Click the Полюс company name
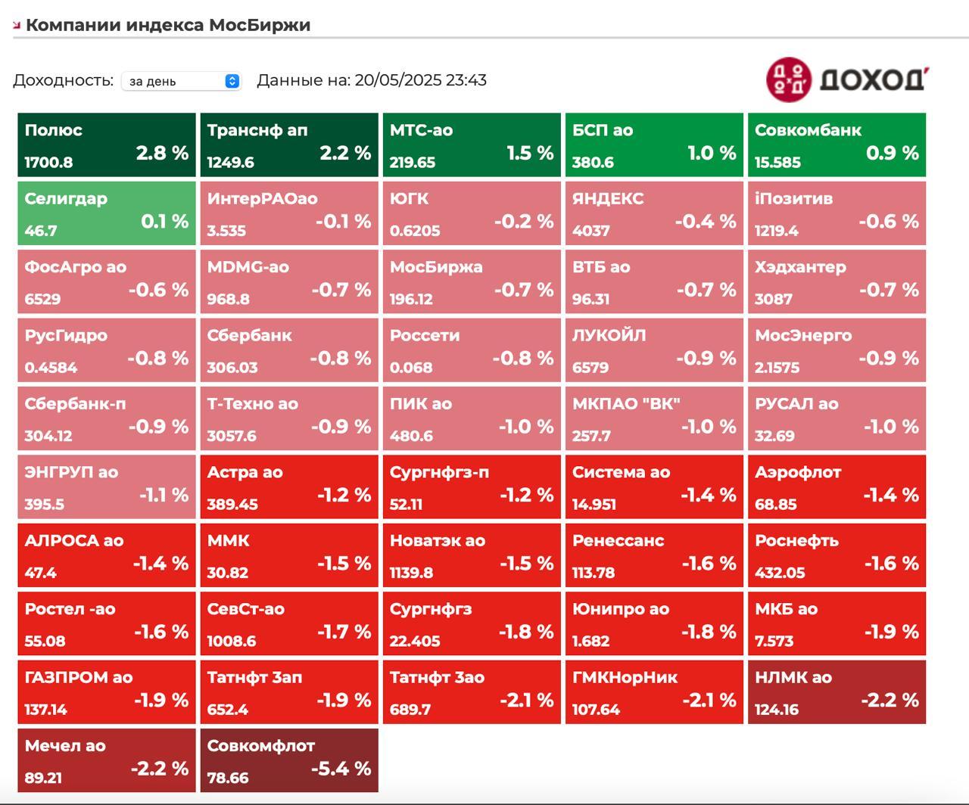tap(53, 130)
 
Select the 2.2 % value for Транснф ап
tap(345, 153)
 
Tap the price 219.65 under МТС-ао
tap(413, 163)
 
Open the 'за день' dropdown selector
tap(182, 81)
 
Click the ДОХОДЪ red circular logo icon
tap(789, 79)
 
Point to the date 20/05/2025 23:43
tap(420, 80)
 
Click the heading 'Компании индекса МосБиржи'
tap(168, 25)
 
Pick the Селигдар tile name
tap(66, 199)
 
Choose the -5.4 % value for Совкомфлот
tap(341, 769)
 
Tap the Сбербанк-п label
tap(75, 404)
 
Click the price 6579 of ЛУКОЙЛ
tap(590, 368)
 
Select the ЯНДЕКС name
tap(608, 199)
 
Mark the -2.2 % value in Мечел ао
tap(159, 769)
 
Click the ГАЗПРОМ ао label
tap(79, 677)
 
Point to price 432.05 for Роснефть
tap(780, 573)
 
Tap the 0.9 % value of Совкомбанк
tap(893, 153)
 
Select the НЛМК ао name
tap(793, 677)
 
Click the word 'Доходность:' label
tap(63, 80)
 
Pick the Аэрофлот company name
tap(798, 472)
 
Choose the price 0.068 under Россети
tap(411, 368)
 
